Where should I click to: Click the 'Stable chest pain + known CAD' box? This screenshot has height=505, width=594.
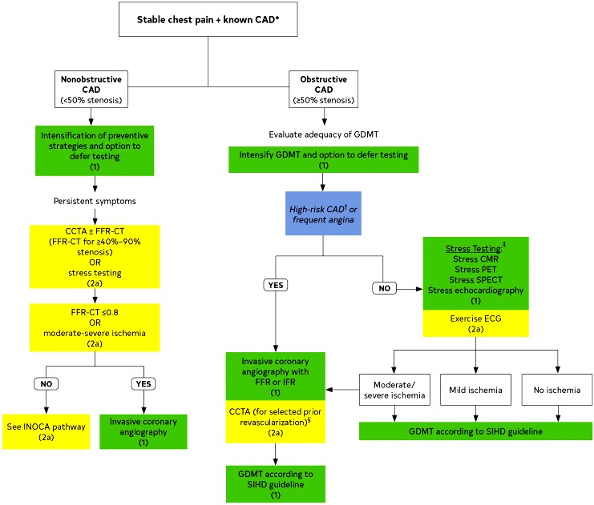coord(208,19)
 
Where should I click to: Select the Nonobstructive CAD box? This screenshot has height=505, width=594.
coord(91,90)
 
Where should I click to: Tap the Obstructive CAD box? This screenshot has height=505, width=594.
coord(324,90)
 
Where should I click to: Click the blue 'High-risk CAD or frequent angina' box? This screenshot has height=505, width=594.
coord(323,214)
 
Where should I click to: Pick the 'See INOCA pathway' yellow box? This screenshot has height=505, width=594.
coord(46,431)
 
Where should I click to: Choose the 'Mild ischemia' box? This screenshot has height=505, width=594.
coord(475,390)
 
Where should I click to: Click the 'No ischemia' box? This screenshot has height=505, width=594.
coord(557,390)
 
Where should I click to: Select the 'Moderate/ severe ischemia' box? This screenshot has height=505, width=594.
coord(394,390)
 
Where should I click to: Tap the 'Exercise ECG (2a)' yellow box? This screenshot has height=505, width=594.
coord(476,323)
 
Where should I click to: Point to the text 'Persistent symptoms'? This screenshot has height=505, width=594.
coord(95,201)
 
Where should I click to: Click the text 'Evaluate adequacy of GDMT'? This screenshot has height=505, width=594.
coord(324,134)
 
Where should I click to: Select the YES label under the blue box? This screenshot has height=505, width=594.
coord(276,285)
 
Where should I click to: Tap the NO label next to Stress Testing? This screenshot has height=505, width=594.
coord(384,288)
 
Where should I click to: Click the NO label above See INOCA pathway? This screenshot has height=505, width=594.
coord(46,383)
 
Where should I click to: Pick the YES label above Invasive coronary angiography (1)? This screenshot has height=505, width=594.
coord(143,383)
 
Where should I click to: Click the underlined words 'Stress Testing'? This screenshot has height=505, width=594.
coord(473,249)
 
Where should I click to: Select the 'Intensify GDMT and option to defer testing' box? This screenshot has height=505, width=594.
coord(324,159)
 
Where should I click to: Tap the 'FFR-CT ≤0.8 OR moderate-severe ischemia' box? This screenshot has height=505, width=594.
coord(95,327)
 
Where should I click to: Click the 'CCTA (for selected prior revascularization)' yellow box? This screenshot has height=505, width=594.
coord(276,422)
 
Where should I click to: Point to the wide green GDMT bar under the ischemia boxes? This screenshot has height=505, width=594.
coord(476,431)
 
